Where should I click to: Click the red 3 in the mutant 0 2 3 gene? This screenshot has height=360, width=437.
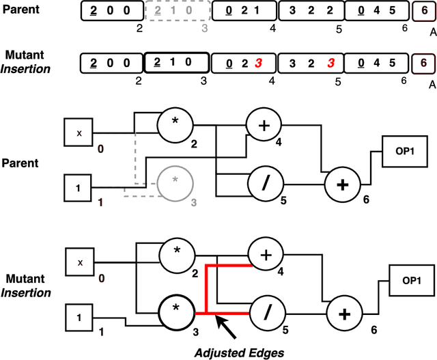258,64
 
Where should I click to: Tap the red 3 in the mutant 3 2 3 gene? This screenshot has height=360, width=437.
330,64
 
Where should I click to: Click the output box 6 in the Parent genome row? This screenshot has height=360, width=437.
423,12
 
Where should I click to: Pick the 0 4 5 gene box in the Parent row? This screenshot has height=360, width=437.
373,12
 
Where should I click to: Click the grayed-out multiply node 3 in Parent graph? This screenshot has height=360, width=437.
175,181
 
